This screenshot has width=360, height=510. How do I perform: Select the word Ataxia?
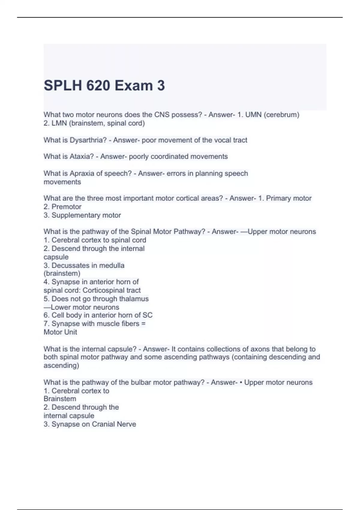tap(82, 157)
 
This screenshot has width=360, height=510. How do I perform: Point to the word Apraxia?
tap(82, 173)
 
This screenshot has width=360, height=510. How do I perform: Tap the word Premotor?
tap(66, 207)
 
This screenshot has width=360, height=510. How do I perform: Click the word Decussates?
tap(70, 265)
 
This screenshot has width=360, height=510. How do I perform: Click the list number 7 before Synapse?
tap(46, 324)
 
